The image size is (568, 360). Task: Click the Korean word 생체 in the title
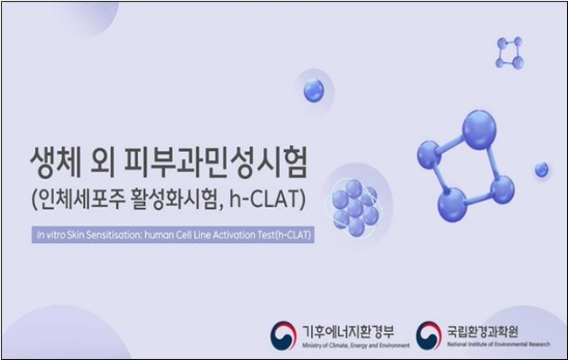pos(56,163)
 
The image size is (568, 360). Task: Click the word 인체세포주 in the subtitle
pos(79,199)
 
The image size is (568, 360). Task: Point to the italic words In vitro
pos(51,235)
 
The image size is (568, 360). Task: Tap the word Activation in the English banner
pos(234,235)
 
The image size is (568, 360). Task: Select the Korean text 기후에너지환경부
pos(348,331)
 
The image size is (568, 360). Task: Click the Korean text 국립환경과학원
pos(482,331)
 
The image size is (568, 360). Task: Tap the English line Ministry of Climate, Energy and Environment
pos(356,345)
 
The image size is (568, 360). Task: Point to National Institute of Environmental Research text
pos(498,344)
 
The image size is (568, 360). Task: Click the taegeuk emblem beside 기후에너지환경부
pos(283,336)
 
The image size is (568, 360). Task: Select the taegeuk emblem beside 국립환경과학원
pos(428,336)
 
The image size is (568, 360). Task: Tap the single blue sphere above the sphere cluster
pos(314,91)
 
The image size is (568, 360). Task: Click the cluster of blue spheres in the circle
pos(355,208)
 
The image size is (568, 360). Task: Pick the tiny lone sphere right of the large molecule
pos(542,170)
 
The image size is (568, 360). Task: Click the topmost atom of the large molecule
pos(479,129)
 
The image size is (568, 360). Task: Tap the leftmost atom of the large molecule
pos(429,155)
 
